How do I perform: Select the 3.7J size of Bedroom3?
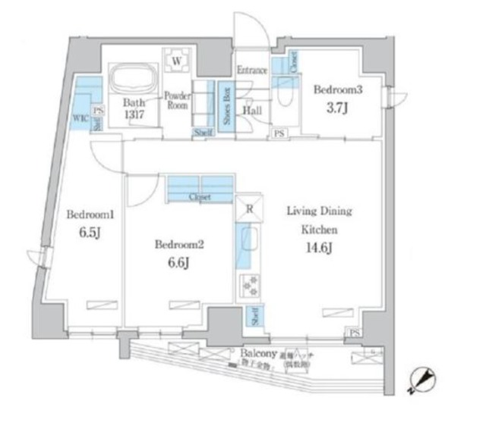coord(339,108)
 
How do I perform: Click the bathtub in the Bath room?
coord(134,80)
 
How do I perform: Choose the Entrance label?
coord(251,70)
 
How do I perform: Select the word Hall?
coord(252,109)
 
